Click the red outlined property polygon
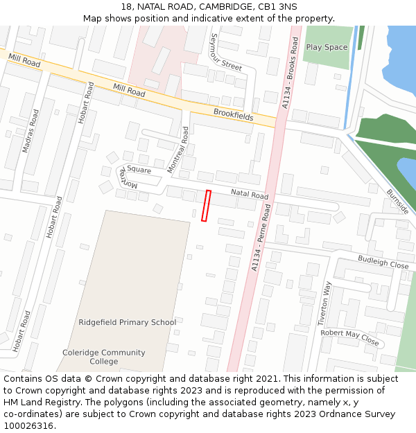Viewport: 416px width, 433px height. coord(206,206)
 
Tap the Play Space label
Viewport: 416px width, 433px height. coord(327,47)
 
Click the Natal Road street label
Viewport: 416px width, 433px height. coord(249,195)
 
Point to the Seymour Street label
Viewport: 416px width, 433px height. coord(227,52)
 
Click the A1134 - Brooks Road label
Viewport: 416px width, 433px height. coord(289,68)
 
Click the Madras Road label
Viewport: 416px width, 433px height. coord(30,130)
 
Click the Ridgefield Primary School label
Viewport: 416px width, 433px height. coord(127,322)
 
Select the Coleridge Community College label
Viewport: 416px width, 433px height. coord(104,357)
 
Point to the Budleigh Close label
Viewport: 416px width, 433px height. coord(383,262)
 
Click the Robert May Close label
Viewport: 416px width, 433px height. coord(350,337)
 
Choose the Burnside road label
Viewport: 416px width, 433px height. coord(397,202)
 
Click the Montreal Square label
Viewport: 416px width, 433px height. coord(132,174)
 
